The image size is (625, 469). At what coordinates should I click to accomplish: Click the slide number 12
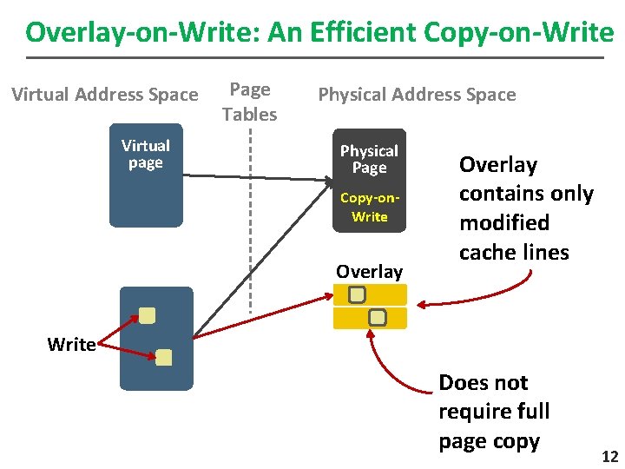(609, 457)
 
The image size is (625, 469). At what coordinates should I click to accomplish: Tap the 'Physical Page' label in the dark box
(369, 159)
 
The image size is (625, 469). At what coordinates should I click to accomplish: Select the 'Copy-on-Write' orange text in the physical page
(369, 208)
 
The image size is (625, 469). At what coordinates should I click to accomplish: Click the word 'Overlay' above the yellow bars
(369, 272)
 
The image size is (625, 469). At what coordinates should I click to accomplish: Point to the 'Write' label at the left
(71, 345)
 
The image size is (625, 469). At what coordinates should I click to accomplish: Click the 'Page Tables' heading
(249, 102)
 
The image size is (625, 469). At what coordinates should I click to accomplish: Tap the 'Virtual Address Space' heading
(105, 94)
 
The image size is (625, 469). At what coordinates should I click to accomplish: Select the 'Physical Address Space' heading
(417, 94)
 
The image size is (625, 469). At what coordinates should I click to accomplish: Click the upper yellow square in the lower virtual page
(148, 315)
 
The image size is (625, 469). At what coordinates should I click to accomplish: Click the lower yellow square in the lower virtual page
(164, 357)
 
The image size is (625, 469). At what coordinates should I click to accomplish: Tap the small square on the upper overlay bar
(357, 295)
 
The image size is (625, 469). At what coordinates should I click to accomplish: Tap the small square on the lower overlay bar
(377, 317)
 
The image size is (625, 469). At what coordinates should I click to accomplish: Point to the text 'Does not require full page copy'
(494, 412)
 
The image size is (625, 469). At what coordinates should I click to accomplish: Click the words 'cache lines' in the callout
(514, 253)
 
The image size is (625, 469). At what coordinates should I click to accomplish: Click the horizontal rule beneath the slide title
(314, 57)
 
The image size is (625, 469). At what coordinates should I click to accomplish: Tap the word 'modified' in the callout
(504, 223)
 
